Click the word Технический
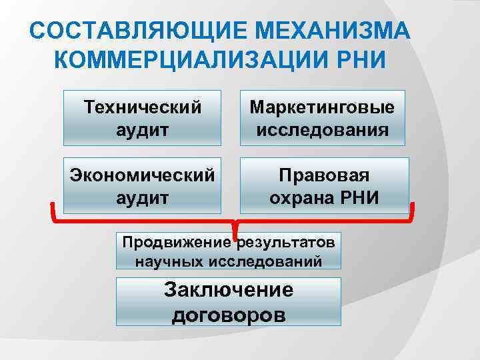pyautogui.click(x=142, y=107)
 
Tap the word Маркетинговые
pyautogui.click(x=323, y=107)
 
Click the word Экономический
pyautogui.click(x=142, y=175)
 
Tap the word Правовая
pyautogui.click(x=323, y=175)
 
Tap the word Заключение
pyautogui.click(x=229, y=291)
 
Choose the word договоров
pyautogui.click(x=229, y=314)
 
